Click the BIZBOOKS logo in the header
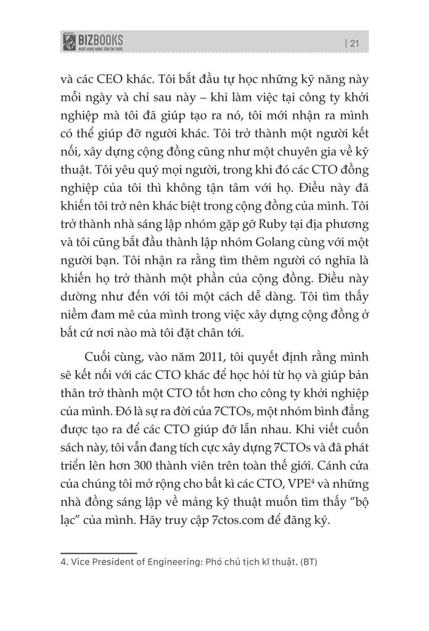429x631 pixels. [99, 43]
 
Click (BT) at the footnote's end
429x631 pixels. [306, 562]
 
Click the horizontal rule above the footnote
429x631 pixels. [98, 553]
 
